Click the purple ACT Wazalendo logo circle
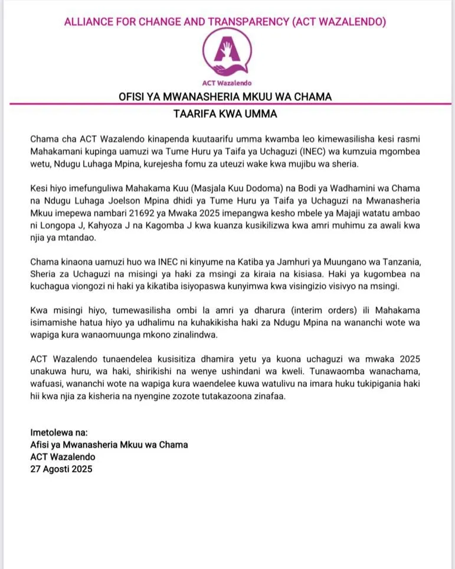pos(227,52)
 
